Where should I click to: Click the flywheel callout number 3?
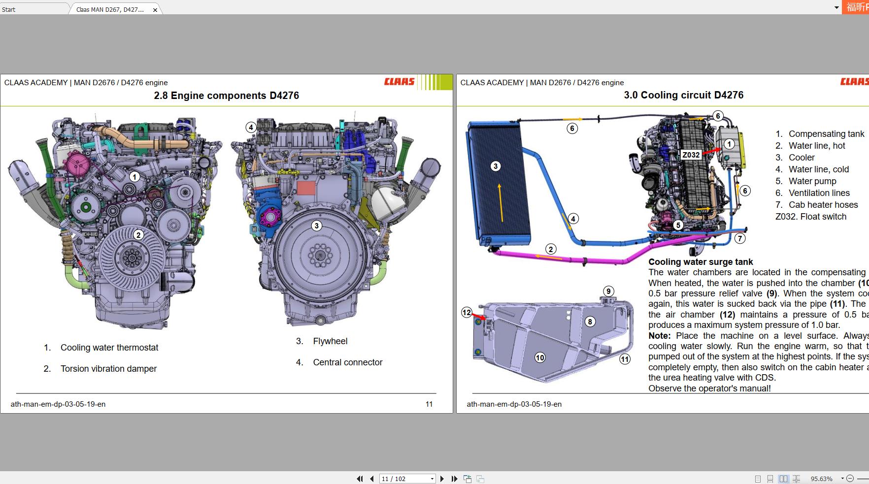point(317,226)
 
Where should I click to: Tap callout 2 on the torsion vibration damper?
point(138,235)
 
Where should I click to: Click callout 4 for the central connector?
point(251,127)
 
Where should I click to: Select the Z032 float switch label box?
point(691,155)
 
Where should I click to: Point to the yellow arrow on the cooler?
point(501,202)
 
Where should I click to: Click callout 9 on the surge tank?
point(608,291)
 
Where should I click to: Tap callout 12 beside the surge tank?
point(467,312)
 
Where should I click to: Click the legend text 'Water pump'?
point(812,181)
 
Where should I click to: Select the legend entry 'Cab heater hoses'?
point(823,205)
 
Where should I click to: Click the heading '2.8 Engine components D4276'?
point(226,96)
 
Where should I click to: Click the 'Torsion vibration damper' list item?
point(108,369)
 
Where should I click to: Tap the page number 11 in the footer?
point(429,404)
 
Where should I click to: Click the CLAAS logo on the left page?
point(399,82)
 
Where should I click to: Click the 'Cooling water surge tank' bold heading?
point(701,262)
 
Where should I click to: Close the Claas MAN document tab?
point(155,10)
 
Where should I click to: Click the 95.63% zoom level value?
point(821,479)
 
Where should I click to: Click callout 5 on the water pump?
point(678,225)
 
